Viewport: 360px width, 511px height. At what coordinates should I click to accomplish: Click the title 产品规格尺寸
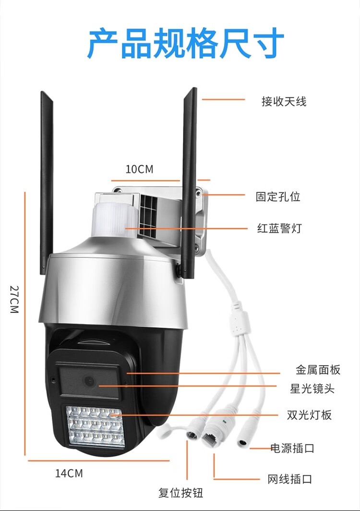point(185,44)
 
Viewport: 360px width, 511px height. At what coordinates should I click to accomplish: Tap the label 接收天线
point(284,101)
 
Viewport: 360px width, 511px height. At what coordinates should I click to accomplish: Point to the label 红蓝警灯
point(279,228)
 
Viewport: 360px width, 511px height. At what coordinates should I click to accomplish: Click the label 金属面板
point(317,370)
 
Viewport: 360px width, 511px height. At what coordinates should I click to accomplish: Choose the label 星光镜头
point(312,388)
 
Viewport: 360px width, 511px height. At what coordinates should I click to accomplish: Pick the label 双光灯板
point(309,414)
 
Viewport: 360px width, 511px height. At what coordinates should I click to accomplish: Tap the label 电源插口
point(292,449)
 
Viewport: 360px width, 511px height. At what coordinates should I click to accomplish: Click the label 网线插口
point(289,479)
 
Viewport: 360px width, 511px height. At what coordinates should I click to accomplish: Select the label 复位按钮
point(181,493)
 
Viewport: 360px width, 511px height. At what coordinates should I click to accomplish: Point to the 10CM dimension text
point(139,169)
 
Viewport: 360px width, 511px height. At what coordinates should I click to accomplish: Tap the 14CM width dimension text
point(69,473)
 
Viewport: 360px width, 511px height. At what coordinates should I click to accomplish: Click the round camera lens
point(89,381)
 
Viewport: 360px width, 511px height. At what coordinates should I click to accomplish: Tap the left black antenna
point(46,182)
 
